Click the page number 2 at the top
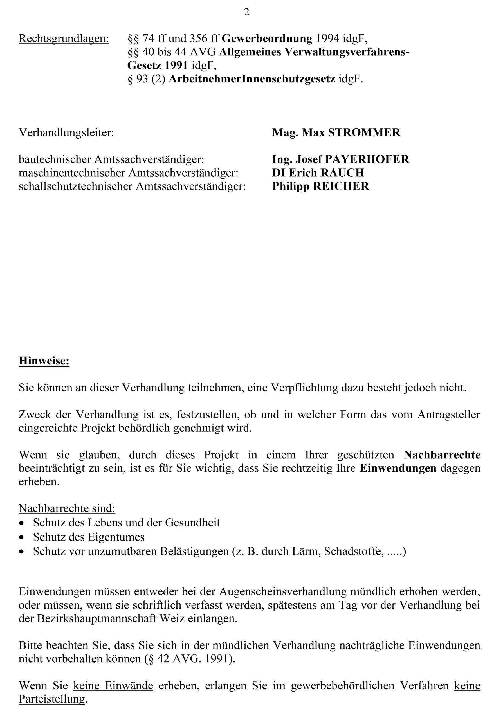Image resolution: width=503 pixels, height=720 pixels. click(246, 12)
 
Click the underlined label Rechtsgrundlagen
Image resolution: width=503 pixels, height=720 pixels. click(64, 39)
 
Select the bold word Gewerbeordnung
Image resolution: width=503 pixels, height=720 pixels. click(267, 39)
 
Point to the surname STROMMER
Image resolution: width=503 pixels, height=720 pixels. click(364, 133)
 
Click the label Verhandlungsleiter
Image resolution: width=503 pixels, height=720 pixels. click(66, 133)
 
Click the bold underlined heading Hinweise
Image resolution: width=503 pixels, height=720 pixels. click(44, 361)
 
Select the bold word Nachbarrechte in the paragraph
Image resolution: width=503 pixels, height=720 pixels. click(442, 455)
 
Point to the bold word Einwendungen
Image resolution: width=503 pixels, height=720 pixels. click(398, 468)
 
